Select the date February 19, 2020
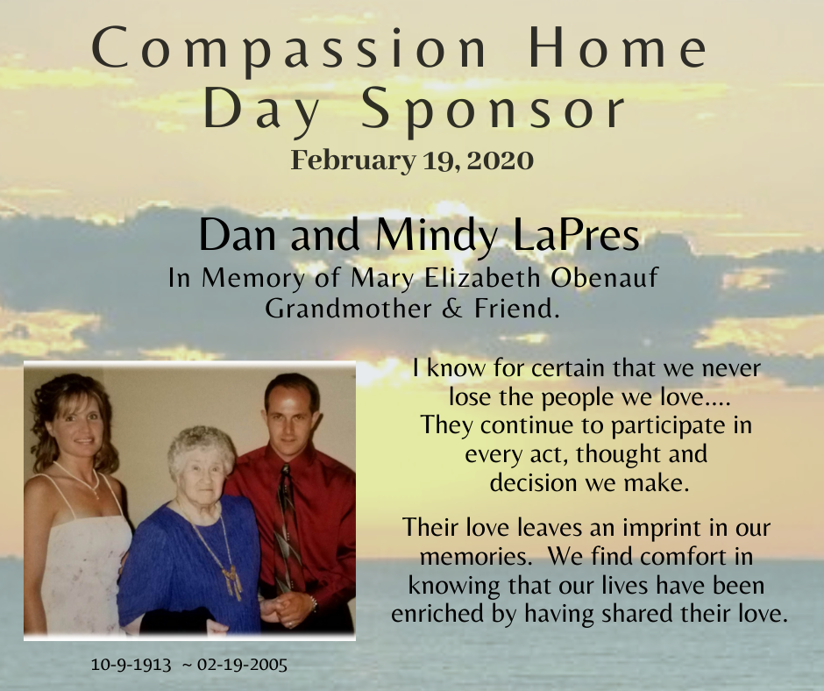click(x=412, y=160)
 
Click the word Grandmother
click(x=348, y=309)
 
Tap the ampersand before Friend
click(x=452, y=309)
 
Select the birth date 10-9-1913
click(x=131, y=665)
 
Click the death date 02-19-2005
click(x=242, y=665)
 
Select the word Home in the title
click(x=618, y=48)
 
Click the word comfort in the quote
click(x=659, y=556)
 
